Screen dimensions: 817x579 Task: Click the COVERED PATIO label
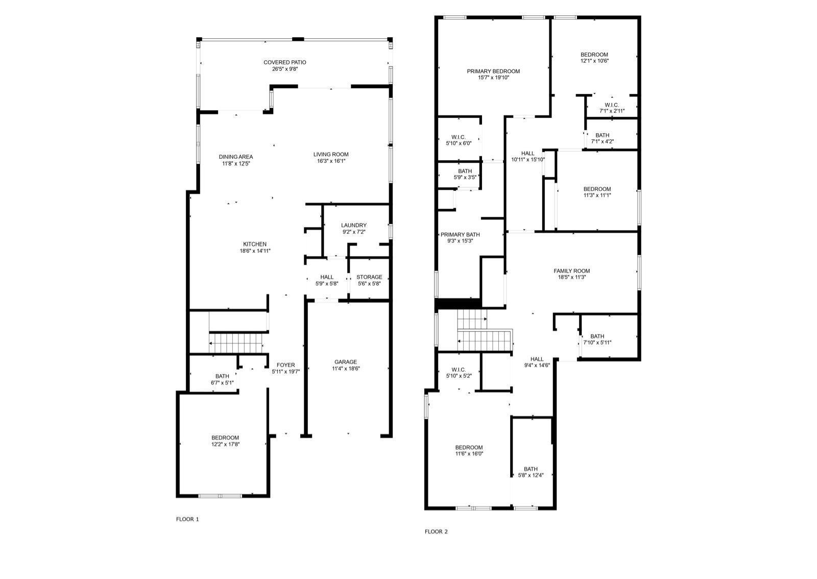tap(285, 62)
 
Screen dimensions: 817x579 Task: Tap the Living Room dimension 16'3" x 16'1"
tap(331, 161)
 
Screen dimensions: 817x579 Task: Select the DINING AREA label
tap(235, 157)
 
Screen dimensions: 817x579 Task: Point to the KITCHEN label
tap(255, 244)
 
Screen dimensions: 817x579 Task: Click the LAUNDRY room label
tap(354, 225)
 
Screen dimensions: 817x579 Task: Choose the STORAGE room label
tap(370, 277)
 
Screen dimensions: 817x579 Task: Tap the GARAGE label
tap(346, 362)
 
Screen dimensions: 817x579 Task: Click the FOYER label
tap(285, 365)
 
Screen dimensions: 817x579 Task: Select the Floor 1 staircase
tap(235, 343)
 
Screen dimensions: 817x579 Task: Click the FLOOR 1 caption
tap(187, 519)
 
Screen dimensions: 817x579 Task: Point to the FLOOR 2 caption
tap(436, 532)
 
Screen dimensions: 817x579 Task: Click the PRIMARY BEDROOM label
tap(493, 71)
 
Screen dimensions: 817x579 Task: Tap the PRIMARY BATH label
tap(460, 234)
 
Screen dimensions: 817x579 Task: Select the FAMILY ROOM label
tap(571, 271)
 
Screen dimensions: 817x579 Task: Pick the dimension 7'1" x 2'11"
tap(612, 111)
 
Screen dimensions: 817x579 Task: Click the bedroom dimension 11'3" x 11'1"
tap(597, 195)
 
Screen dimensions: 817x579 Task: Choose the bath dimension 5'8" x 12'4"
tap(531, 475)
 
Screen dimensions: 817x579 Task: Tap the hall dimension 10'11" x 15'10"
tap(528, 159)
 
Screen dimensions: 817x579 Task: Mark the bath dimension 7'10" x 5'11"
tap(597, 343)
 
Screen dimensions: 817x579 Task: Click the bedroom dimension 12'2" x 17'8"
tap(225, 444)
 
